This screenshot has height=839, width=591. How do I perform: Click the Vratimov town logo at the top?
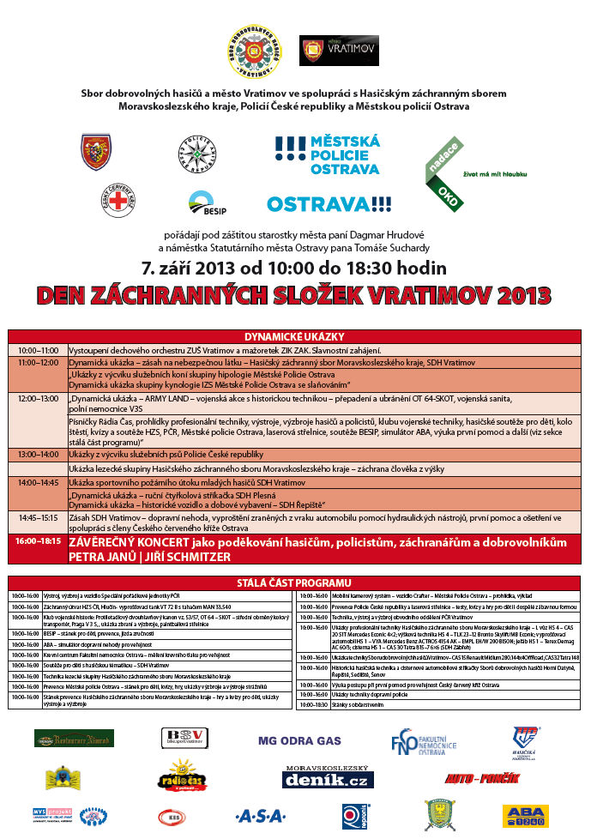click(327, 50)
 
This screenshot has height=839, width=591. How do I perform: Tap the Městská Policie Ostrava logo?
click(327, 154)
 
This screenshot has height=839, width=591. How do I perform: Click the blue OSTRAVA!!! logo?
click(329, 204)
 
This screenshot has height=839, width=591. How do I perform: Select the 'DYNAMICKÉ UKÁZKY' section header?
click(294, 336)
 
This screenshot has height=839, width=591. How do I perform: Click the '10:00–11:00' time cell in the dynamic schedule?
click(38, 350)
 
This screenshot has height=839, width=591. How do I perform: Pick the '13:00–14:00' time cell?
click(38, 454)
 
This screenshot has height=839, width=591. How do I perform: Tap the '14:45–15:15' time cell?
click(38, 517)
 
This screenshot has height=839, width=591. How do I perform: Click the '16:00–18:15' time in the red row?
click(38, 543)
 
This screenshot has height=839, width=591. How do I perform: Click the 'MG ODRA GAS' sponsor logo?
click(299, 740)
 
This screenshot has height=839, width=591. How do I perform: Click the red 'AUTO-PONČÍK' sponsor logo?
click(483, 778)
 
